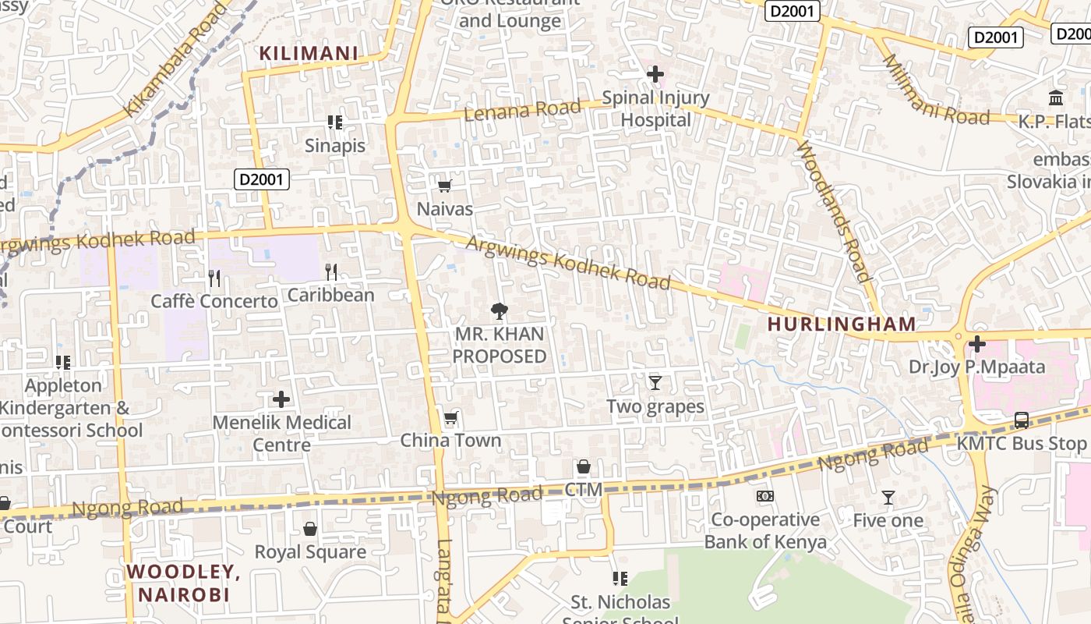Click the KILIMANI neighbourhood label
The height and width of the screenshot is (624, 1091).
(309, 53)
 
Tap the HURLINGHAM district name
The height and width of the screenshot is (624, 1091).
(842, 324)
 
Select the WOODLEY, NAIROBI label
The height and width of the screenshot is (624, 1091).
(184, 583)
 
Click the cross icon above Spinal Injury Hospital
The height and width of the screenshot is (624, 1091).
(655, 74)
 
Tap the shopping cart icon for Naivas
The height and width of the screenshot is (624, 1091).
(444, 186)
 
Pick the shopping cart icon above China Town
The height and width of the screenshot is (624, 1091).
(450, 418)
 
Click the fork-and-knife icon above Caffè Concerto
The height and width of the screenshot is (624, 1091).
(214, 278)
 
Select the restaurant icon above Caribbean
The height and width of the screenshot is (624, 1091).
(331, 271)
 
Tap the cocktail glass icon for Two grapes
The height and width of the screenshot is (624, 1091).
(655, 382)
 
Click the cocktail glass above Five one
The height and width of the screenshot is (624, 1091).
(888, 497)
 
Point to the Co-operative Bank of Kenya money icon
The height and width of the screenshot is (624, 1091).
(765, 496)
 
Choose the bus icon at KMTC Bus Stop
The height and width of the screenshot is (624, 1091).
(1021, 420)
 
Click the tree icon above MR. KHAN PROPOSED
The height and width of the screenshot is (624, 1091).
(499, 311)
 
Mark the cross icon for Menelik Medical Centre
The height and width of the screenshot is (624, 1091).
(281, 399)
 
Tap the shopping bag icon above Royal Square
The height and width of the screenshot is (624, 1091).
(310, 529)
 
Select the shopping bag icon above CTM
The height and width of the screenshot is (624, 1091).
(583, 466)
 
